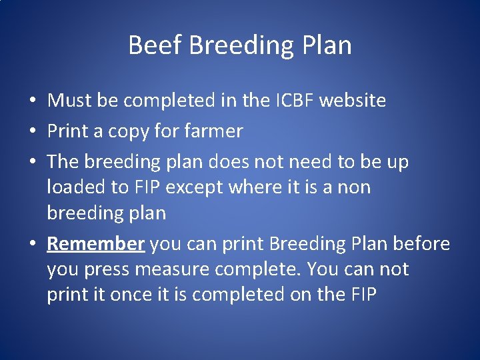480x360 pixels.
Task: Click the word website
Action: (353, 101)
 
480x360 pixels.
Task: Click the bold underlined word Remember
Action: (96, 244)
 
